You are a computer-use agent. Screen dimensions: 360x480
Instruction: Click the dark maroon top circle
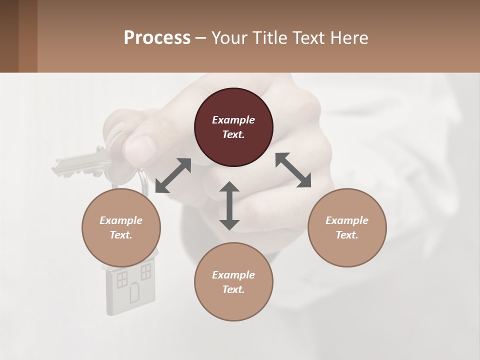233,127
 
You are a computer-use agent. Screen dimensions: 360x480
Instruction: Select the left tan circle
121,227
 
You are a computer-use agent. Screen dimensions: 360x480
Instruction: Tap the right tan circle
347,227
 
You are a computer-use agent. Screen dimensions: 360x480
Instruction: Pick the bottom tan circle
233,282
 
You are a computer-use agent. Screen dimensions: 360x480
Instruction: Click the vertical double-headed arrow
229,205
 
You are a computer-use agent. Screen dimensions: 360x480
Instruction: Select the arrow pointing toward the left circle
173,175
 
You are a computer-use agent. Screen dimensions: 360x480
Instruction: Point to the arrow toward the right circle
293,170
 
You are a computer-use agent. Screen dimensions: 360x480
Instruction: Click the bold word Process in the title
157,37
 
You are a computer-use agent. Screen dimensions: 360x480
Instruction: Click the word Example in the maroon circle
233,120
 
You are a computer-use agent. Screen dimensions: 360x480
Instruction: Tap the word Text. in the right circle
347,235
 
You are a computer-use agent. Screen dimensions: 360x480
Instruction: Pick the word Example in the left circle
121,220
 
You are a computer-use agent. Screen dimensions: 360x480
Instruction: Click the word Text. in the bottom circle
233,289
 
